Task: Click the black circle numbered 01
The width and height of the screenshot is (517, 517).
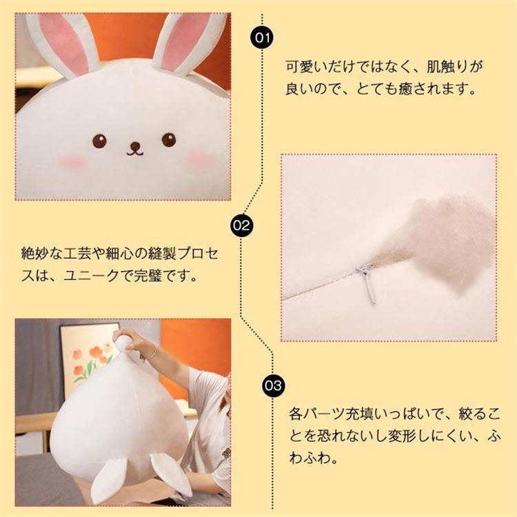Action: pos(263,38)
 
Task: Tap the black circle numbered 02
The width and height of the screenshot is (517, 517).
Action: pos(242,225)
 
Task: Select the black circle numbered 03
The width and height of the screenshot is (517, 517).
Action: pos(274,385)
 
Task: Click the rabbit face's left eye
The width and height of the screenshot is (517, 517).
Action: pos(99,141)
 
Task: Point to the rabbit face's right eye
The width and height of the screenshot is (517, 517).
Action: pos(169,139)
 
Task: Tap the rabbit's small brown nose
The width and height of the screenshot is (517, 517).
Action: pos(135,146)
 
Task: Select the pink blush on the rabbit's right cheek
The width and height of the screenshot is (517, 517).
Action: pos(200,160)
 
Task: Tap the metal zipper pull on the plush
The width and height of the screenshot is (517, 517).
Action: pos(367,283)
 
